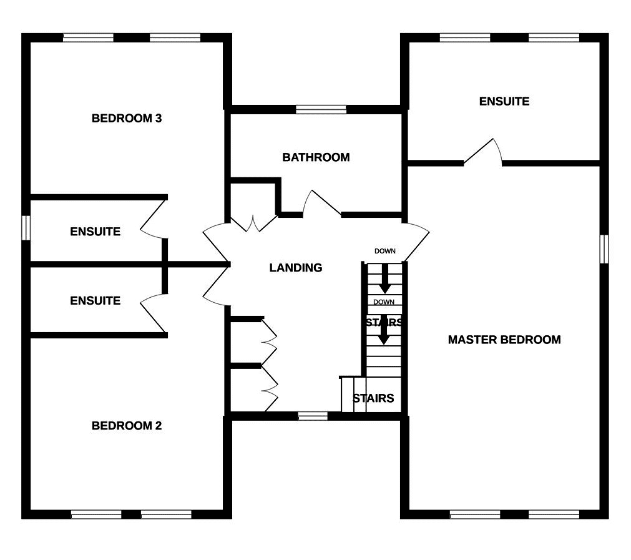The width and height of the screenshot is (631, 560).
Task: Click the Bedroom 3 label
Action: [x=127, y=118]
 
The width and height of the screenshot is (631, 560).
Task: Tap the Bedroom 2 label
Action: [x=127, y=426]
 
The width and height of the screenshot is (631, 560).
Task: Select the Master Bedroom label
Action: [x=504, y=340]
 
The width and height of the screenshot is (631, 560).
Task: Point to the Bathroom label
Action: [x=316, y=157]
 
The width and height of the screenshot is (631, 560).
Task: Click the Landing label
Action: [x=296, y=268]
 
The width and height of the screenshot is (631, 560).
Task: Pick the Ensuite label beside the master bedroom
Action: [x=504, y=101]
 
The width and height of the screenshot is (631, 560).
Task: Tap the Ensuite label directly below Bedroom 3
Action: [x=95, y=232]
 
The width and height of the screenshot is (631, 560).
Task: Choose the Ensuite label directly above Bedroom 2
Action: [x=95, y=300]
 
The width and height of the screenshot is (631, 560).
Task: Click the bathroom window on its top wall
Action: [x=321, y=109]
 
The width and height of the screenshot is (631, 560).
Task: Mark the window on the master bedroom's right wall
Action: [x=604, y=248]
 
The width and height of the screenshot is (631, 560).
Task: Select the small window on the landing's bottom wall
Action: [x=313, y=415]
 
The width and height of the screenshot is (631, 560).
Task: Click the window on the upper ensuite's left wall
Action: [x=26, y=227]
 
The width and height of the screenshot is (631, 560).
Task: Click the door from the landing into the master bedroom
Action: [x=416, y=240]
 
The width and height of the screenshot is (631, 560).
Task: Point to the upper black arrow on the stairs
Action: [x=385, y=278]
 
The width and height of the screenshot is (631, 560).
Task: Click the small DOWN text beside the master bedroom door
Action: [x=385, y=251]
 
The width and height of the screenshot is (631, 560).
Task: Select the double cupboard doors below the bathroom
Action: [x=254, y=222]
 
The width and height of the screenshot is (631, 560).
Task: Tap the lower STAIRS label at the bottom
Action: [x=373, y=398]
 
